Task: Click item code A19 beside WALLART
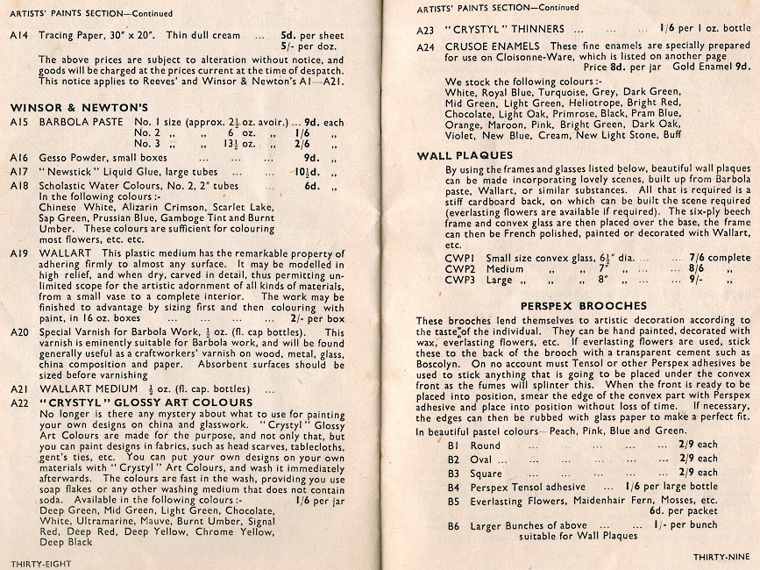[x=19, y=253]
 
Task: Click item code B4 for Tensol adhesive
[x=453, y=487]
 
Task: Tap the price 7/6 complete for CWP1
[x=700, y=257]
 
